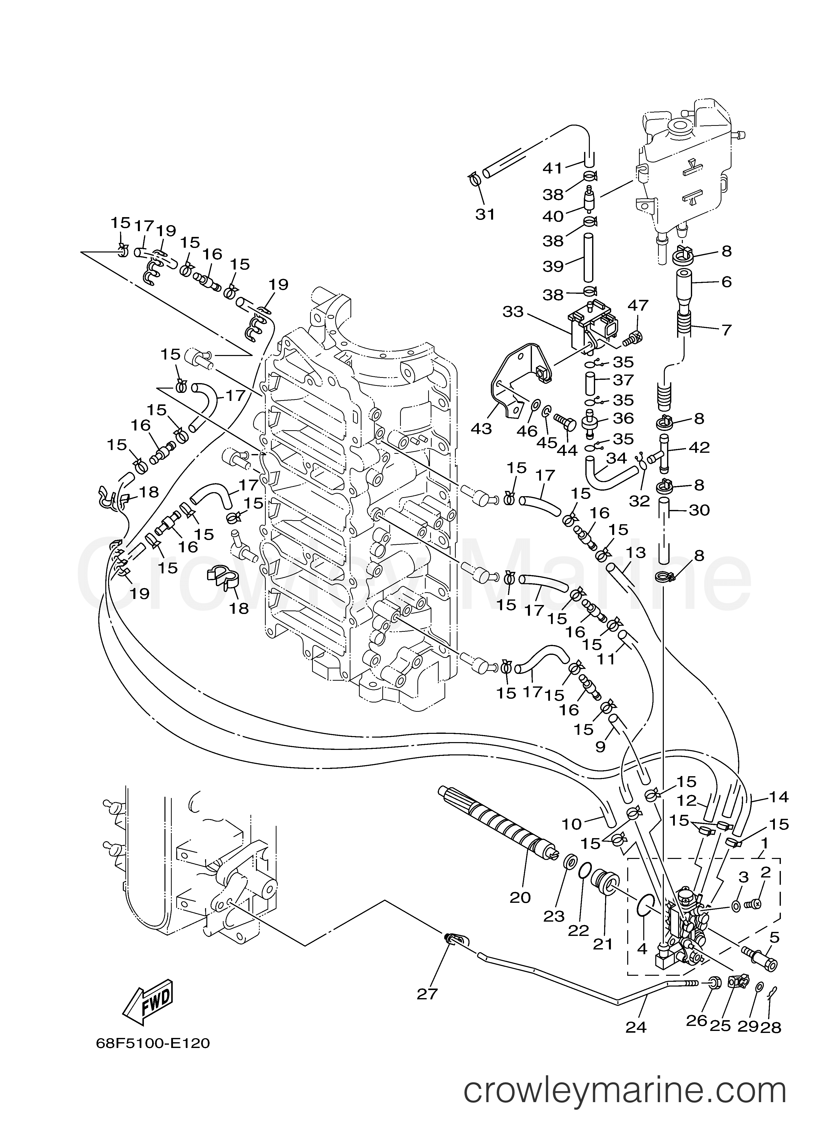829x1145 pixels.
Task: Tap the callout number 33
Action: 513,312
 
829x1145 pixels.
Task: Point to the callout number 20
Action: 520,897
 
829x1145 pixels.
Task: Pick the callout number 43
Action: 481,429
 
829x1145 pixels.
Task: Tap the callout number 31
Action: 485,214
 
